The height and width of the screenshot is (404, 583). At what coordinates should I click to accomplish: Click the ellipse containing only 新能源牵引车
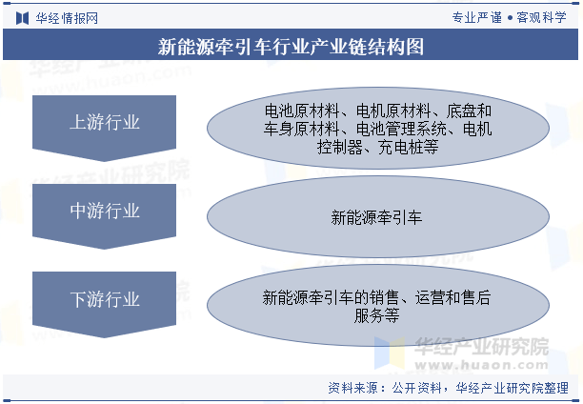378,217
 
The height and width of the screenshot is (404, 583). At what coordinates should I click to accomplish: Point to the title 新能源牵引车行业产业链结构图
291,47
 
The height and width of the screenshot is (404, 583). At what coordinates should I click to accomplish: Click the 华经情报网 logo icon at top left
22,18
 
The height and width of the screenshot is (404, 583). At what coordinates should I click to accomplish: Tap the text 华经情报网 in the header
67,18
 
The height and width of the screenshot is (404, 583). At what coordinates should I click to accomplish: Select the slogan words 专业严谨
476,17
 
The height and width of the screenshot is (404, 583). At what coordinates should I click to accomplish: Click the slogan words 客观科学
541,17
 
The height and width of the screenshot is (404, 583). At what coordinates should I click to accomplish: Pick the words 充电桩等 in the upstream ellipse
409,148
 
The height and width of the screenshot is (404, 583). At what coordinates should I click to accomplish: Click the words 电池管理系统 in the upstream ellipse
401,129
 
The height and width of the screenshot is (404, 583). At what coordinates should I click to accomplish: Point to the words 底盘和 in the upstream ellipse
469,111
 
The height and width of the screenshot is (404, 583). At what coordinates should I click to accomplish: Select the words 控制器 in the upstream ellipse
340,148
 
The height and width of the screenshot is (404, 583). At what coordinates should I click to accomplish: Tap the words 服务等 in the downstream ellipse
376,315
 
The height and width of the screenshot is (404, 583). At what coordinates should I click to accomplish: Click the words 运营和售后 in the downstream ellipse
452,297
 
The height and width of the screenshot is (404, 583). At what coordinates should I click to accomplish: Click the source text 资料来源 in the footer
352,388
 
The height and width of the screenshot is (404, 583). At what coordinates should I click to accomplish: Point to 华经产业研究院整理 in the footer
512,388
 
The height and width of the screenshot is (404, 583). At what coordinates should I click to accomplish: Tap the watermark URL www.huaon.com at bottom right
481,365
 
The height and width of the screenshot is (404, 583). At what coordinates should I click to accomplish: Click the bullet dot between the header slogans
510,18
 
